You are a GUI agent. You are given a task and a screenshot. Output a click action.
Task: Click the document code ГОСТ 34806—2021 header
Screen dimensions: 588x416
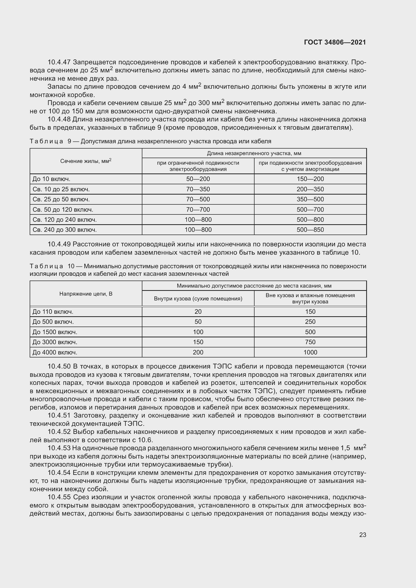click(x=335, y=42)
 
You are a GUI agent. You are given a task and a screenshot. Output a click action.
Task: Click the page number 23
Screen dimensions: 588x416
click(x=362, y=535)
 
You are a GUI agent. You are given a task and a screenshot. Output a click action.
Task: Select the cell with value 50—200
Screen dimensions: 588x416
click(x=198, y=179)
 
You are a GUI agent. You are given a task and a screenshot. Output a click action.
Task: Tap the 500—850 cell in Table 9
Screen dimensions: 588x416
click(x=310, y=230)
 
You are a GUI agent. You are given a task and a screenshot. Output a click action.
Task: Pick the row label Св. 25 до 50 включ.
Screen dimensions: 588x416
click(x=61, y=199)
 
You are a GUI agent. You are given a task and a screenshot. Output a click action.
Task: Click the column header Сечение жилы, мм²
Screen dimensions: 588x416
click(x=86, y=161)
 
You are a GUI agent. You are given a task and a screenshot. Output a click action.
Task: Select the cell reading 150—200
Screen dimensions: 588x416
click(x=310, y=179)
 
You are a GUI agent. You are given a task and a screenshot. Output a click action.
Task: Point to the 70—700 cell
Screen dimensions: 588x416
click(x=198, y=209)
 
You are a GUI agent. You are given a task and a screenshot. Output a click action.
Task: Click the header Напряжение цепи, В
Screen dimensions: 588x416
click(x=86, y=294)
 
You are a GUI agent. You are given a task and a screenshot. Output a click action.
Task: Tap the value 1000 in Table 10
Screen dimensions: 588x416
click(x=310, y=352)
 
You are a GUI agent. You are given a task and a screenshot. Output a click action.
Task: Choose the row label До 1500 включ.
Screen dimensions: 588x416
click(x=55, y=332)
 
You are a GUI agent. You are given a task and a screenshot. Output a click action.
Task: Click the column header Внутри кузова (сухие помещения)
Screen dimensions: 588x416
click(x=198, y=299)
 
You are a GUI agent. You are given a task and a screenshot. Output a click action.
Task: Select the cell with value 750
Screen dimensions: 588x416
click(x=310, y=342)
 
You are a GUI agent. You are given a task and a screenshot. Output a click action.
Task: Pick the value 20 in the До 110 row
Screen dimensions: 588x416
click(x=198, y=312)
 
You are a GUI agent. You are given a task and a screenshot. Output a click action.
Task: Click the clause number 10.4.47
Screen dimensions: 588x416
click(x=59, y=62)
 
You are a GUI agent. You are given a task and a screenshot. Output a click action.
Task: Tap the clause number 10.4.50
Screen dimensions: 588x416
click(x=59, y=367)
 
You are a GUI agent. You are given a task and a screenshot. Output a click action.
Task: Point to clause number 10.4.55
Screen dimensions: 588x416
click(x=59, y=497)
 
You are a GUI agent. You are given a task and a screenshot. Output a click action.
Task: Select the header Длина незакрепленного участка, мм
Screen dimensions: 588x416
click(x=254, y=153)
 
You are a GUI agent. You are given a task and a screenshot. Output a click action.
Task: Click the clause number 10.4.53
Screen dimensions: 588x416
click(x=59, y=448)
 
